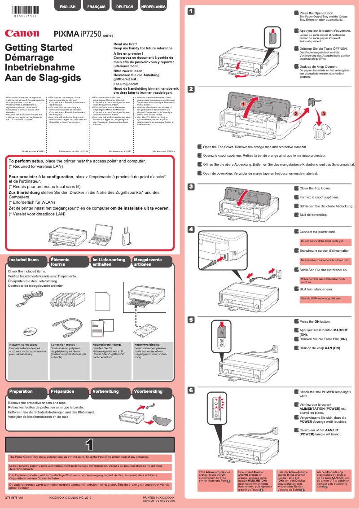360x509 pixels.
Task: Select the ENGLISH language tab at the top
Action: [x=67, y=7]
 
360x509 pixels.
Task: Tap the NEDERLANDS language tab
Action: [x=154, y=7]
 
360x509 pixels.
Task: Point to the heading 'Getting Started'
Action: [x=39, y=48]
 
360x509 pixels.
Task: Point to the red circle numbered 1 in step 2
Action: [x=243, y=104]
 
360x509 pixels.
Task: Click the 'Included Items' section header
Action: [x=24, y=260]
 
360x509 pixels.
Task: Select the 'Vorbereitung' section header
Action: [x=105, y=391]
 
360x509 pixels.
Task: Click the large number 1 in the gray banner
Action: [x=89, y=445]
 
